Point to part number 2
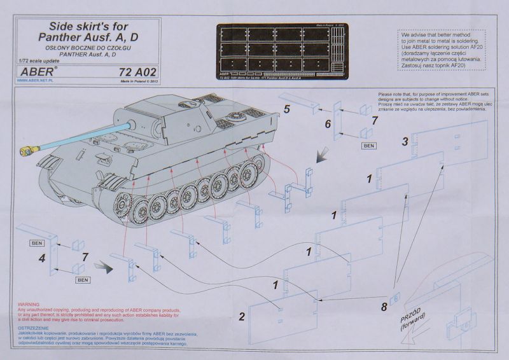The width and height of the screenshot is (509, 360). (242, 316)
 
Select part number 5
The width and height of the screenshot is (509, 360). (287, 109)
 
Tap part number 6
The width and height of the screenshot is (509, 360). (328, 124)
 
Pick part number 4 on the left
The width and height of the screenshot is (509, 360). (41, 258)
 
